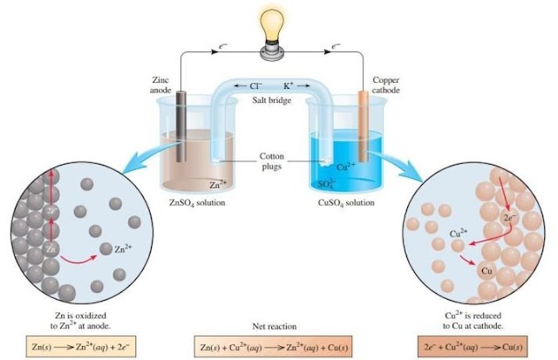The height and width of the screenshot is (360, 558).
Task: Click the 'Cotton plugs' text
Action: (271, 162)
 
